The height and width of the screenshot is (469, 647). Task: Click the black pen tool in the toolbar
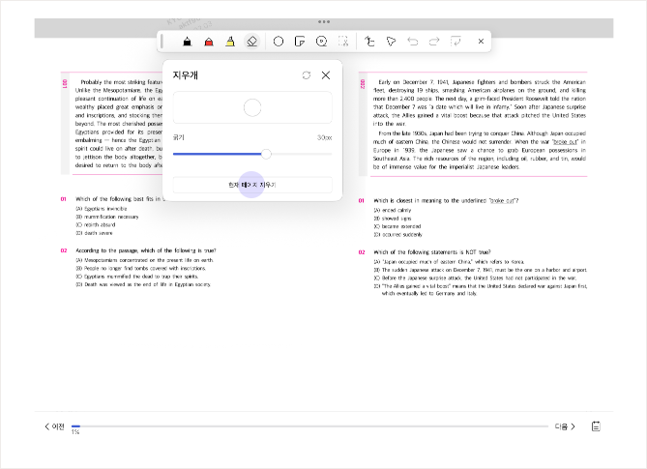click(187, 42)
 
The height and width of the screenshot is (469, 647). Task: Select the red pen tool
click(208, 42)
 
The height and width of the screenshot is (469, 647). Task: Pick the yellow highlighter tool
click(229, 42)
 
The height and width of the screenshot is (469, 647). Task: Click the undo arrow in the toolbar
click(413, 42)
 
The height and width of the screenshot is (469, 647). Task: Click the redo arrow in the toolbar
click(434, 42)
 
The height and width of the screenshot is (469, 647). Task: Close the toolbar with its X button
click(481, 42)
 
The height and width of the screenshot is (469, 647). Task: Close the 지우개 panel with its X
click(326, 74)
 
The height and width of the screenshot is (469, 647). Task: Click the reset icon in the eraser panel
click(306, 74)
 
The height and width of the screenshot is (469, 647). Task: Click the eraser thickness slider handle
click(266, 154)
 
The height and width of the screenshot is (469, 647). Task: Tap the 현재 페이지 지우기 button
click(251, 184)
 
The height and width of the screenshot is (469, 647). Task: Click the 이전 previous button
click(54, 426)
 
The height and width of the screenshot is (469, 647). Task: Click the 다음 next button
click(565, 426)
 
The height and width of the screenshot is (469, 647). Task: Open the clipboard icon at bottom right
click(597, 426)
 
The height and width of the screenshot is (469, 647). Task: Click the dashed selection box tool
click(343, 42)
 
